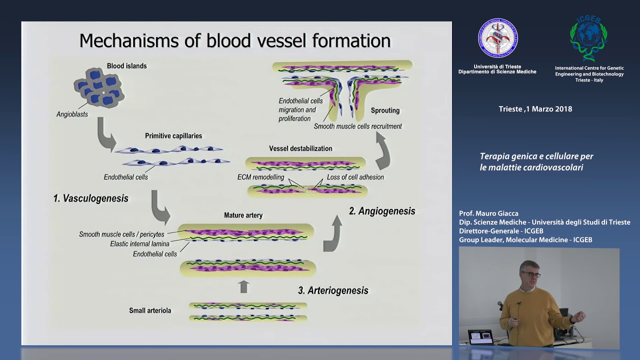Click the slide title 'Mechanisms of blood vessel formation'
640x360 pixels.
(234, 40)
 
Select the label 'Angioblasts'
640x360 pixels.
(72, 114)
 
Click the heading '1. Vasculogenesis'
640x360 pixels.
(90, 198)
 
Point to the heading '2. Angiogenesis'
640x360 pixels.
(382, 211)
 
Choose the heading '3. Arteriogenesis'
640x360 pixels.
(333, 290)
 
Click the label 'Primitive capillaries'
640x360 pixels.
(173, 136)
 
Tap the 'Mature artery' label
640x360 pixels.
(243, 215)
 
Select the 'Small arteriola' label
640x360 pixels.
(150, 310)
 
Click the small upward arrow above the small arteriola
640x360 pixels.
(243, 286)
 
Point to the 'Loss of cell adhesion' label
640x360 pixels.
(355, 177)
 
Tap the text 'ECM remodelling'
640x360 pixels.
(260, 177)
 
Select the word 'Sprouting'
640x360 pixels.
(385, 110)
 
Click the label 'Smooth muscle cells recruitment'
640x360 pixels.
(357, 126)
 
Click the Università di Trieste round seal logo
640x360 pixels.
(497, 38)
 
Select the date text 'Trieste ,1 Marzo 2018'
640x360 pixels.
(535, 109)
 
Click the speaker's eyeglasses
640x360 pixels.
(531, 274)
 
